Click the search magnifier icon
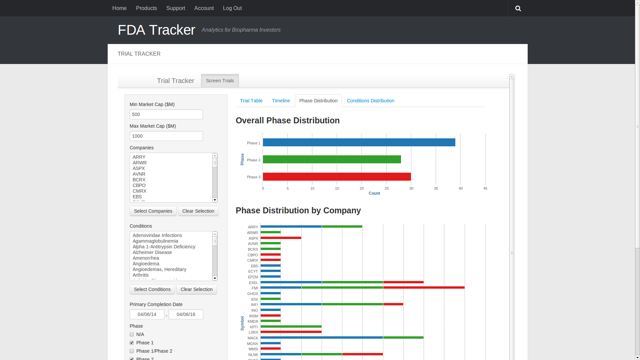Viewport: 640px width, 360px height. tap(518, 8)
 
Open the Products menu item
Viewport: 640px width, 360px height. tap(146, 8)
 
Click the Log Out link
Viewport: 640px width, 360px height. tap(232, 8)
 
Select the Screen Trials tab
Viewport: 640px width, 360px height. tap(220, 81)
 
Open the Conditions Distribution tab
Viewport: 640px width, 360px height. tap(370, 101)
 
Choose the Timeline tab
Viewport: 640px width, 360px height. tap(281, 101)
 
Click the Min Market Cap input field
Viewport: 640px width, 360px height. tap(166, 114)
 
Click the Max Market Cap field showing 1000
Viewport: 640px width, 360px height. tap(166, 136)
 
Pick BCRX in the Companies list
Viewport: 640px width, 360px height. tap(139, 180)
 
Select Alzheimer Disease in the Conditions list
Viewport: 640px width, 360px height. tap(152, 252)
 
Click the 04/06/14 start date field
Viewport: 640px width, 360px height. tap(147, 314)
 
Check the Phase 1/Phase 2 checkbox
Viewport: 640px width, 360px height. tap(132, 351)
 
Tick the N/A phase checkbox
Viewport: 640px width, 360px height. tap(132, 334)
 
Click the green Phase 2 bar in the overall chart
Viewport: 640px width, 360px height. tap(332, 160)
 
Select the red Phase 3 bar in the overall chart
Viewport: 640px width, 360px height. tap(337, 177)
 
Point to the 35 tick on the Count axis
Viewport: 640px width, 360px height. tap(436, 188)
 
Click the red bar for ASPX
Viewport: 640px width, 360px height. tap(281, 238)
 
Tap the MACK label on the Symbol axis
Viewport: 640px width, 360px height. tap(253, 338)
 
